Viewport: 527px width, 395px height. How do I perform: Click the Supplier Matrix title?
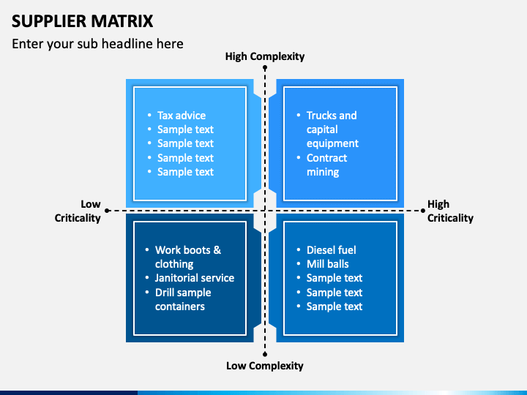(x=82, y=21)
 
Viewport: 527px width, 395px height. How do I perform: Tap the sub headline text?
(x=97, y=44)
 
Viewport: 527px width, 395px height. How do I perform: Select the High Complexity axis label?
(x=265, y=56)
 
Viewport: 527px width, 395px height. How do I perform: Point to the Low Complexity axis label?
(x=265, y=366)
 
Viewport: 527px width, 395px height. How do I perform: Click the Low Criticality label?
(x=78, y=211)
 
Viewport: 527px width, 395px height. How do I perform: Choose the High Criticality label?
(x=450, y=211)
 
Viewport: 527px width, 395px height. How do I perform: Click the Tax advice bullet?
(x=182, y=116)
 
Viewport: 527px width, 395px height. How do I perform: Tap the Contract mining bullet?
(x=326, y=165)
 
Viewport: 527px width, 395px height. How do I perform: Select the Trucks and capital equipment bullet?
(x=332, y=129)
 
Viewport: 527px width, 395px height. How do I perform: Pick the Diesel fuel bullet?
(x=331, y=250)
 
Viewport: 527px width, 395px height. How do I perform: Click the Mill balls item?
(x=328, y=264)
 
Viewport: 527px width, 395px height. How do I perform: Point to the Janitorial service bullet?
(x=195, y=278)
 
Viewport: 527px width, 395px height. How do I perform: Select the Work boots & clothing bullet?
(x=188, y=257)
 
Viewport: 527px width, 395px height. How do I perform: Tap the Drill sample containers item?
(x=183, y=300)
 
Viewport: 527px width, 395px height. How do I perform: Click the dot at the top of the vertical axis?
(x=265, y=68)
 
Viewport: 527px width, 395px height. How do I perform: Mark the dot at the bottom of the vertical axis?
(x=265, y=354)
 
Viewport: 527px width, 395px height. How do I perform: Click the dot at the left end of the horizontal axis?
(x=107, y=211)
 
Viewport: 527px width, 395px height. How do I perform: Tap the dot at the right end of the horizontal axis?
(x=423, y=211)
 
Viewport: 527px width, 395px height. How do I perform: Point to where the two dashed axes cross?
(x=265, y=211)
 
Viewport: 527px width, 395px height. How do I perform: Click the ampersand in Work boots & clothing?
(x=217, y=250)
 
